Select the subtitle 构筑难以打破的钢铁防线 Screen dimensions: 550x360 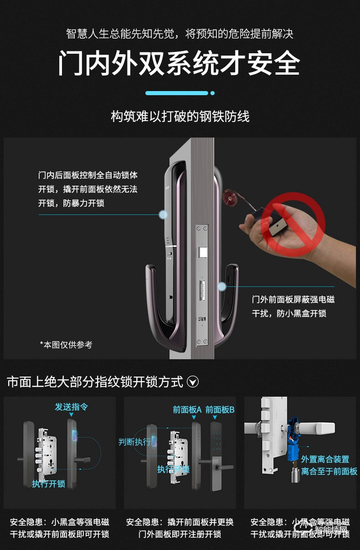[180, 117]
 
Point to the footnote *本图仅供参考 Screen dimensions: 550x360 [66, 345]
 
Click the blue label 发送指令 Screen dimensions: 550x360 [72, 407]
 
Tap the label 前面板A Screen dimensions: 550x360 [187, 410]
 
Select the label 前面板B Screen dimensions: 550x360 [220, 410]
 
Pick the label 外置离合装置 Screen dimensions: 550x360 [325, 459]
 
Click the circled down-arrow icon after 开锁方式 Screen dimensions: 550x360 [193, 382]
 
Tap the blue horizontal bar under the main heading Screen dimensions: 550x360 [177, 93]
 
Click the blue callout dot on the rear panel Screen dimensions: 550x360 [163, 214]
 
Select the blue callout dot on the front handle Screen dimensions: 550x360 [222, 286]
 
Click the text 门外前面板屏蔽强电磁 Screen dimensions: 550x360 [293, 300]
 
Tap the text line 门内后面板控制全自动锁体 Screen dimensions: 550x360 [87, 175]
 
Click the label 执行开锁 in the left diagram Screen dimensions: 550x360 [49, 484]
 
